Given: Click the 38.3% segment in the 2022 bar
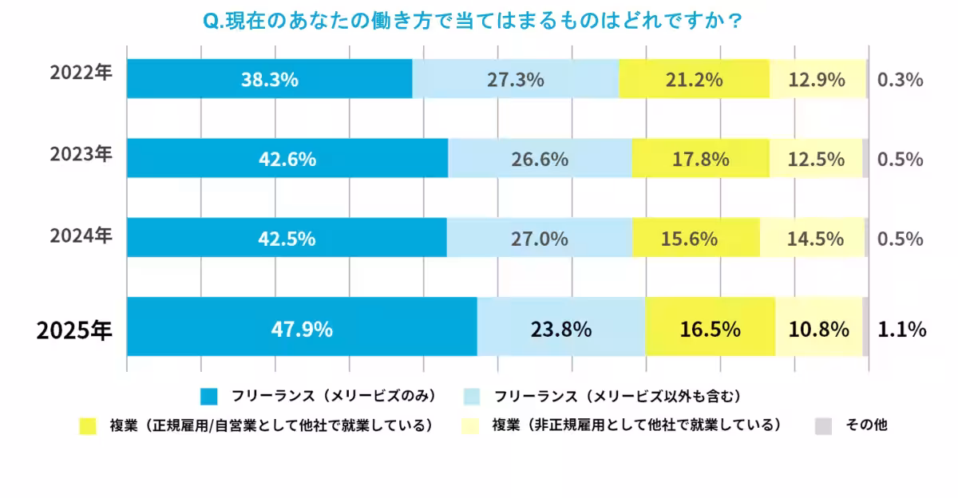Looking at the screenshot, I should (x=269, y=79).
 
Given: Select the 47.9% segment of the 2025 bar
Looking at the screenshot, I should (x=302, y=327).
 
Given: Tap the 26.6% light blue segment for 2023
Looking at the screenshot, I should (x=540, y=158).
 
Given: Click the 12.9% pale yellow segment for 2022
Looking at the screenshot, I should (x=817, y=79).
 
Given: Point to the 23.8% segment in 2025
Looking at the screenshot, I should (x=561, y=327).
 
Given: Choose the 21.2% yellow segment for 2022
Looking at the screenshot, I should (x=693, y=79).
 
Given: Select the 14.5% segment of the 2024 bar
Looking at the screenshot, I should (x=812, y=238).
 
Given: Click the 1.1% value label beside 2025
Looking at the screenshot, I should (x=901, y=328).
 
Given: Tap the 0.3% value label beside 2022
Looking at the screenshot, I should (x=900, y=79).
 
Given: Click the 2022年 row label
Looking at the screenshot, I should (x=81, y=73).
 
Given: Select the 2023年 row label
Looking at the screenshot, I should (x=81, y=153).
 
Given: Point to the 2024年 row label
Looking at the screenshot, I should (x=81, y=235).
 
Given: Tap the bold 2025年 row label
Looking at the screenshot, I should (x=74, y=330).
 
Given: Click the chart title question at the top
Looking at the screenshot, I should (x=473, y=21).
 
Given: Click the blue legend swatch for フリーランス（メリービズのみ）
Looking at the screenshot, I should (x=209, y=396).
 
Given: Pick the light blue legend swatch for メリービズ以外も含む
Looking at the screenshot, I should (x=472, y=396).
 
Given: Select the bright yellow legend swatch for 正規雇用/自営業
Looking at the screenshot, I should (x=87, y=426).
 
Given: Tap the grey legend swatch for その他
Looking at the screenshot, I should (x=823, y=426).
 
